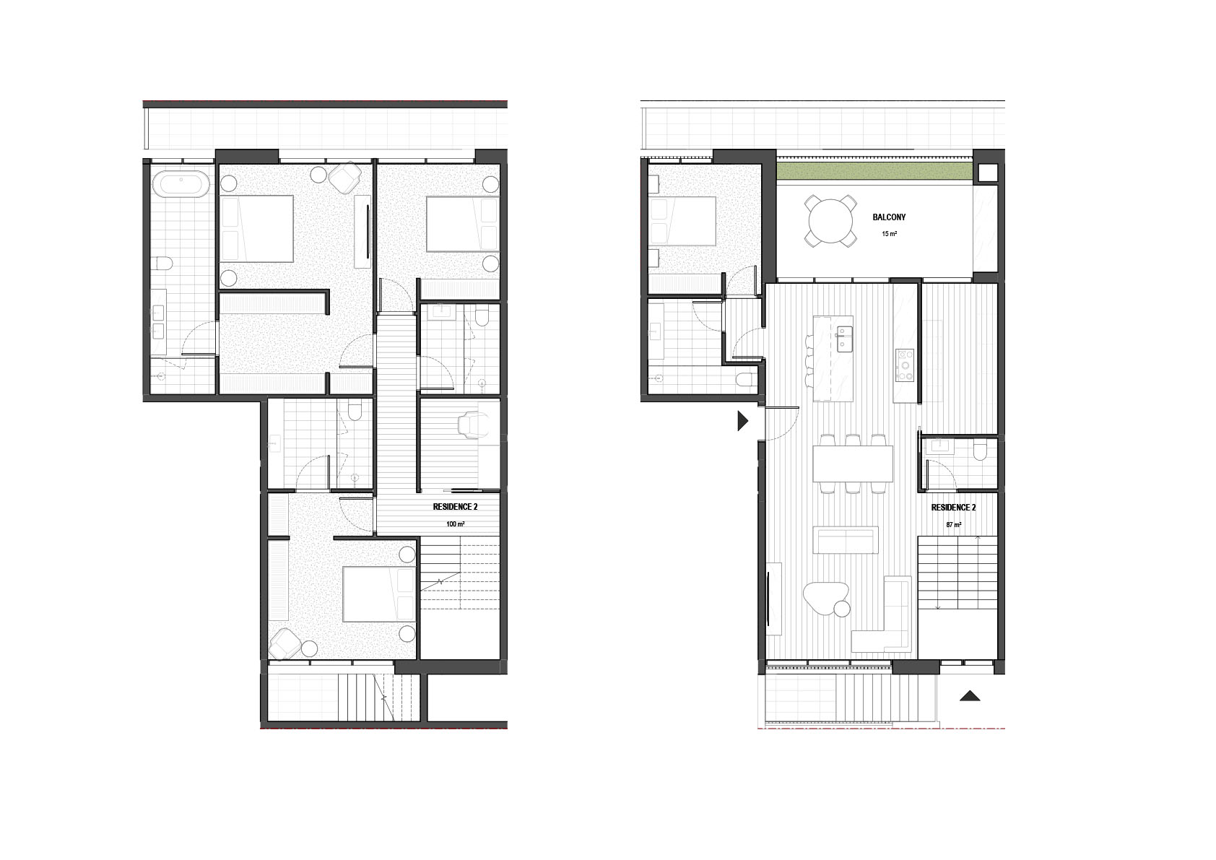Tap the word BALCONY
tap(889, 217)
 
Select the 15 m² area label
tap(889, 234)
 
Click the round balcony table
tap(830, 222)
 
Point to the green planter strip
tap(874, 172)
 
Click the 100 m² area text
tap(455, 524)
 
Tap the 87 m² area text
tap(954, 525)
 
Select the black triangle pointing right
tap(742, 421)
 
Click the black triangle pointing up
tap(970, 695)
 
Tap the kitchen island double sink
tap(844, 339)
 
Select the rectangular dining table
tap(853, 464)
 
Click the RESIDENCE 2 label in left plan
tap(455, 507)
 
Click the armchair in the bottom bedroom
tap(285, 644)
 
